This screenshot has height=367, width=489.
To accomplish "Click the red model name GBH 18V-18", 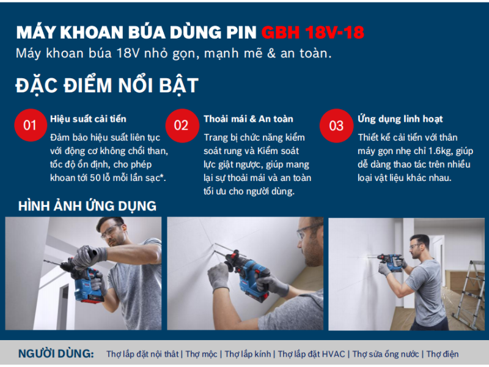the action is tap(313, 32).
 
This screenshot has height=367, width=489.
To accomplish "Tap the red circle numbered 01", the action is tap(31, 125).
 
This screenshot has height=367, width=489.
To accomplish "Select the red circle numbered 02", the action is tap(182, 125).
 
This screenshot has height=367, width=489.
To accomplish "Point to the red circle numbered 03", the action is tap(337, 125).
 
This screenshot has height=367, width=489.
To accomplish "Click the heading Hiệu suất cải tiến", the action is tap(88, 119).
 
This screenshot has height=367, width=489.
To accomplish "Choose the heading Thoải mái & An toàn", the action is tap(249, 119).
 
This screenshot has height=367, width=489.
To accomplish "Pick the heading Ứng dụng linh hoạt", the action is tap(400, 119).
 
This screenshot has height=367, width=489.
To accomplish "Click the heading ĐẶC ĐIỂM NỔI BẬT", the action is tap(107, 85).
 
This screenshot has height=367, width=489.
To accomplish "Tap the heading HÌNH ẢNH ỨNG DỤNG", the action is tap(87, 206).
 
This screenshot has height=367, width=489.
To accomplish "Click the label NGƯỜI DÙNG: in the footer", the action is tap(56, 354).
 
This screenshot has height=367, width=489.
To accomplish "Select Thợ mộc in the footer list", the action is tap(202, 354).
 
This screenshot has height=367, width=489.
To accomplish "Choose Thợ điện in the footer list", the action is tap(442, 354).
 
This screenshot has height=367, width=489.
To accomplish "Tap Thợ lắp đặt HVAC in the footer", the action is tap(311, 354).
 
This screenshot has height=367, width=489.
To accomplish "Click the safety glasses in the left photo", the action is tap(111, 231).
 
